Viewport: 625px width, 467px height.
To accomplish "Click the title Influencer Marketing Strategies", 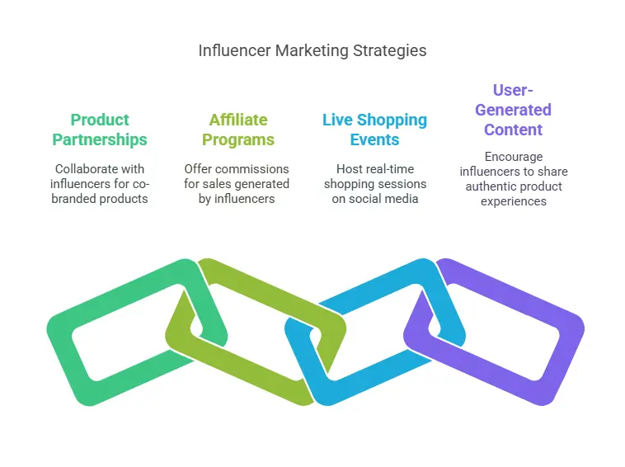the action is pos(312,50).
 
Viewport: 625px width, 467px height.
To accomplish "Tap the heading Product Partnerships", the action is pos(100,130).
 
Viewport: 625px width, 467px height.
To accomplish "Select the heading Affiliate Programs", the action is pos(237,130).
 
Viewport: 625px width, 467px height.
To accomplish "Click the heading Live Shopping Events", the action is pos(374,130).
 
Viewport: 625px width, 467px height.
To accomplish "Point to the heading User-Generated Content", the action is pos(513,110).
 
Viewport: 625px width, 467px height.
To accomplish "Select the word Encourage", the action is pos(514,156).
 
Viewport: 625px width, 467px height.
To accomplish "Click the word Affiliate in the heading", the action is pos(237,120).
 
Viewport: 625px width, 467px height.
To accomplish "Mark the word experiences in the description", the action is pos(513,200).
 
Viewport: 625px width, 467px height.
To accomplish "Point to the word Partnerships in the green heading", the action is pos(100,139).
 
